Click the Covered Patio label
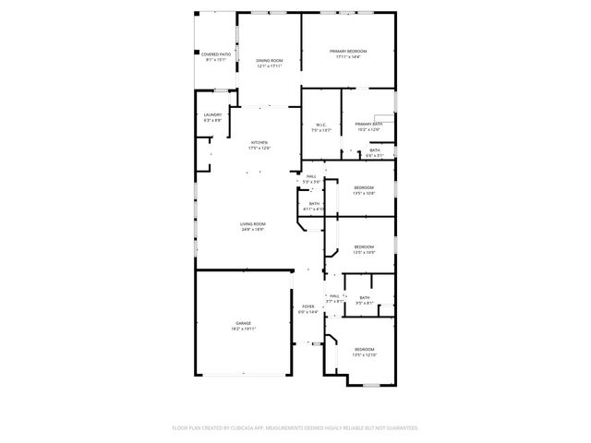click(216, 54)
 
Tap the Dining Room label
click(269, 61)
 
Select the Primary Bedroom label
click(351, 51)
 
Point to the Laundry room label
click(212, 115)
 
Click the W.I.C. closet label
click(321, 125)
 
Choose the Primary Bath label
click(368, 124)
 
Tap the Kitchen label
click(259, 142)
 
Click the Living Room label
click(253, 224)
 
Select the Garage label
click(243, 323)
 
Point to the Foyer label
click(308, 306)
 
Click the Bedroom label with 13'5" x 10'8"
click(364, 187)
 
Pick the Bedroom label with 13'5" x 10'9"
click(364, 246)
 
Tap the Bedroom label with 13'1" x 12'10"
click(364, 349)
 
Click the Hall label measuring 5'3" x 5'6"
click(311, 176)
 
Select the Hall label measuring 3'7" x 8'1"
click(334, 295)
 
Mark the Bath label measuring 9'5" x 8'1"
click(364, 297)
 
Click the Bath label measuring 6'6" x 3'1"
click(374, 150)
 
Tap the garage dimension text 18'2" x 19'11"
click(243, 329)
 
